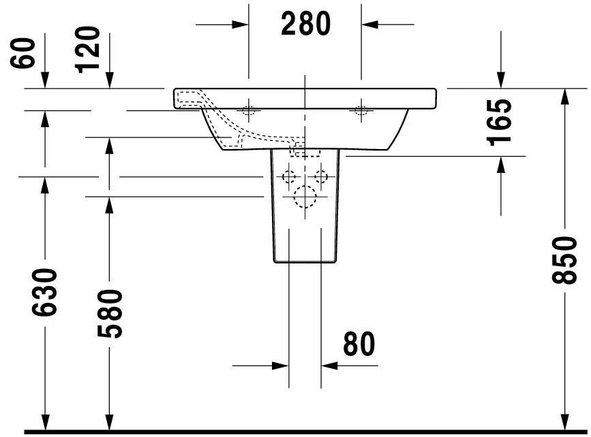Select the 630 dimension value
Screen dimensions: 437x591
45,292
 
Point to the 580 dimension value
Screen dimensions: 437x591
109,314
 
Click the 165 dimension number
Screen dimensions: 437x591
501,121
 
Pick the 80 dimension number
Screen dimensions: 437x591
359,344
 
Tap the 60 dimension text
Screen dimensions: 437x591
25,52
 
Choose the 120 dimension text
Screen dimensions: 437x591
89,49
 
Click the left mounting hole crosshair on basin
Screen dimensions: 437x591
249,110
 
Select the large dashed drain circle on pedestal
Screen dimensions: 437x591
305,197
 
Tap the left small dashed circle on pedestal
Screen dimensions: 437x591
290,177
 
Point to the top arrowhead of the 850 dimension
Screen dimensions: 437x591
564,96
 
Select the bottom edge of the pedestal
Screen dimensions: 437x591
305,263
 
